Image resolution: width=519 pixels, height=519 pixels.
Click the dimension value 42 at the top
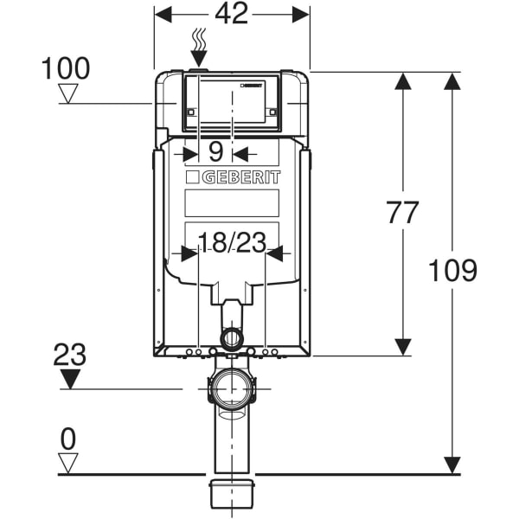click(x=231, y=14)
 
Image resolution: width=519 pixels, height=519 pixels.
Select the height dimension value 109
click(x=452, y=271)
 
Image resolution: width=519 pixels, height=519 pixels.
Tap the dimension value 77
click(x=401, y=213)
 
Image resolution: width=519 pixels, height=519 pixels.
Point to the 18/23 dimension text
click(x=232, y=243)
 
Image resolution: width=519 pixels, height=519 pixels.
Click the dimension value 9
click(x=216, y=152)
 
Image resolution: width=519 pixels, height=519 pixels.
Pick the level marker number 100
click(x=65, y=67)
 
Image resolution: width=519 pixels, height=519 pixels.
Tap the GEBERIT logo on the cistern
click(x=232, y=177)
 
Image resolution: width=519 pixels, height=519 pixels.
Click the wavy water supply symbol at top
click(x=199, y=39)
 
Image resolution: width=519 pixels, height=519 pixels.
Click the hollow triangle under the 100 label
click(x=67, y=93)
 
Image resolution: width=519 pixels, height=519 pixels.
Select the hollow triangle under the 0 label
click(x=67, y=462)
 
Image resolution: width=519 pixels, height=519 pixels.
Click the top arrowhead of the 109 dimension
click(x=452, y=81)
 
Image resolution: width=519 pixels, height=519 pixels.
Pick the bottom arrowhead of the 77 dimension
click(x=402, y=346)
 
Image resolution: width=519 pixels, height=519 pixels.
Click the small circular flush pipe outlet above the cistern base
click(x=232, y=337)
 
